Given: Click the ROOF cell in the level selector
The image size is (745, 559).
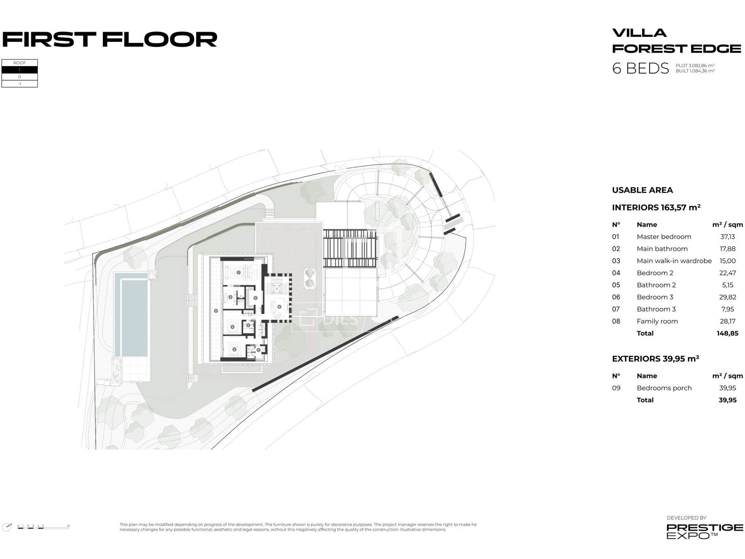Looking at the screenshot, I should (20, 63).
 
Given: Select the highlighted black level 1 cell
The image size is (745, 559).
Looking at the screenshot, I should (20, 70).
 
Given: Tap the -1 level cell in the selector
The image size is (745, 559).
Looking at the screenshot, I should (20, 84).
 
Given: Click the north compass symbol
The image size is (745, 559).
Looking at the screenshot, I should (7, 527).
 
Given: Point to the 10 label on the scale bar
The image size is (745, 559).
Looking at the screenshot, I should (68, 526).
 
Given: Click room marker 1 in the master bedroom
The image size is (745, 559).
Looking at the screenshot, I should (238, 272).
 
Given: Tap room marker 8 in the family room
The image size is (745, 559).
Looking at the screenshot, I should (279, 307).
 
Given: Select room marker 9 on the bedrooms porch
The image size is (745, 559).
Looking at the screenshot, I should (216, 310).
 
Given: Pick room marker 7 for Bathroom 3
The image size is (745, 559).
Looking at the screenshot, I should (258, 350).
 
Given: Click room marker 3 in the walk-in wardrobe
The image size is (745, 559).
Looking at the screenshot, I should (255, 298).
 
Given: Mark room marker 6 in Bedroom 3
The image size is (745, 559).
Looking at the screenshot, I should (234, 349).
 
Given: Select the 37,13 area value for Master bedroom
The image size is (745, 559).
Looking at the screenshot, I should (727, 237).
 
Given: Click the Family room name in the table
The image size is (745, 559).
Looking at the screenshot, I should (657, 321).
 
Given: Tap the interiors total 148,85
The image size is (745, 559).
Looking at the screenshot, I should (727, 334).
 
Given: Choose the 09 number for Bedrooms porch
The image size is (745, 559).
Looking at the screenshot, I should (616, 388).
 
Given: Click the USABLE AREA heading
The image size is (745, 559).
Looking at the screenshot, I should (642, 190).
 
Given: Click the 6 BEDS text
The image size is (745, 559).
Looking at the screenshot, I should (640, 68).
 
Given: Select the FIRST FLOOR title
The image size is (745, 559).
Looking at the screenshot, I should (110, 40).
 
